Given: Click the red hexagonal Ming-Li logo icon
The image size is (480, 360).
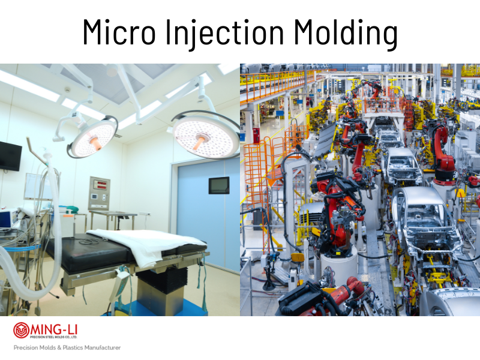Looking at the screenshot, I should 22,331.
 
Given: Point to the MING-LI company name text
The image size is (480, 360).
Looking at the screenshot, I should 54,328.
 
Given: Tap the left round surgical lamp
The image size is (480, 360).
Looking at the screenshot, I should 92,137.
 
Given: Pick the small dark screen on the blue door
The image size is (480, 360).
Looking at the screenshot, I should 218,185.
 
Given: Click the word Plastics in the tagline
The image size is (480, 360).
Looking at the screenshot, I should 71,348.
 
